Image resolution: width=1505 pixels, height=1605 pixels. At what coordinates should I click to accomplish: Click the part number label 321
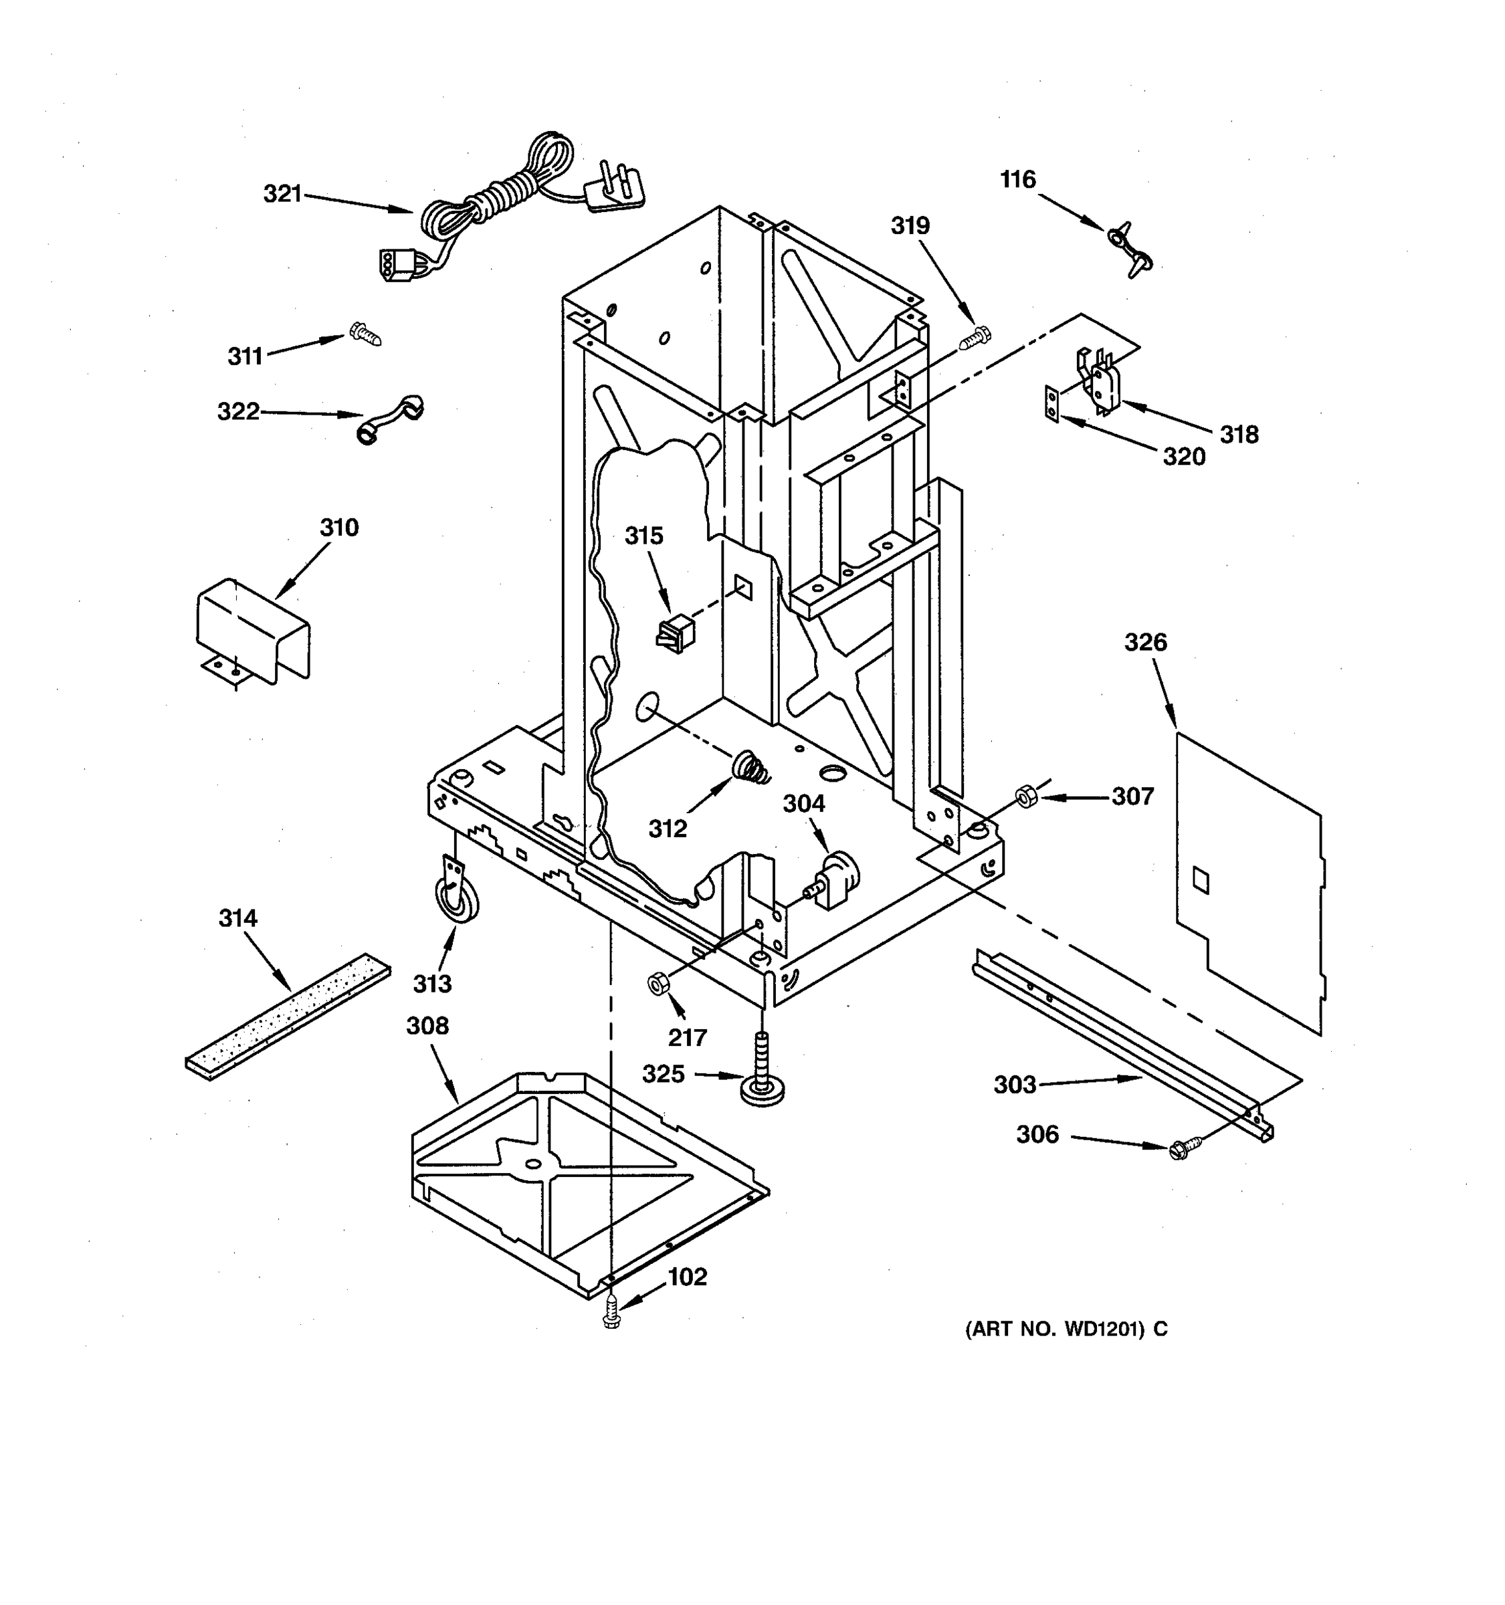282,194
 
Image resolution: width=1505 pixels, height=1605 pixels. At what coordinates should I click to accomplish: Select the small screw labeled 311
366,334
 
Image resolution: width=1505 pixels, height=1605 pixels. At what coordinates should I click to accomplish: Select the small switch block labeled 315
676,633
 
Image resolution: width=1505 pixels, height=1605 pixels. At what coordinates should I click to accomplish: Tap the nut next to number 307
1026,798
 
